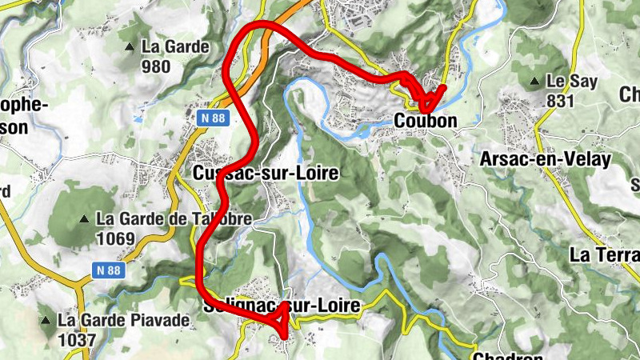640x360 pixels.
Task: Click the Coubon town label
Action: coord(426,122)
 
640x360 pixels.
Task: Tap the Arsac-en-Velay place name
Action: coord(545,158)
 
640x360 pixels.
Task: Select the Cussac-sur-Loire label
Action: coord(260,173)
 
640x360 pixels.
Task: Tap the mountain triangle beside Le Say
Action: coord(534,82)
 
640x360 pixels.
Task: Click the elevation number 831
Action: coord(562,100)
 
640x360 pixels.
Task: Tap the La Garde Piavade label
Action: coord(123,321)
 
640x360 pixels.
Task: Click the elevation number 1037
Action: coord(76,340)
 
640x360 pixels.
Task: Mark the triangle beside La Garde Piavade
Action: coord(45,321)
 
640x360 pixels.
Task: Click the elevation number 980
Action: coord(155,66)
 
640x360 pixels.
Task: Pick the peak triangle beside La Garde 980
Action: coord(130,47)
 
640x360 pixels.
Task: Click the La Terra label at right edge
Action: coord(604,254)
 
